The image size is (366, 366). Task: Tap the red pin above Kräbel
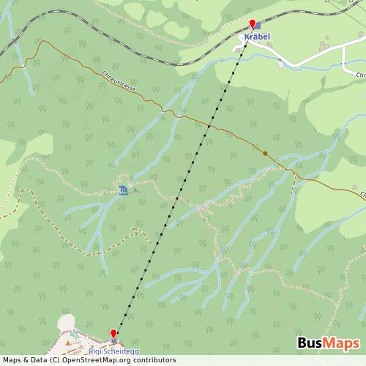(x=253, y=24)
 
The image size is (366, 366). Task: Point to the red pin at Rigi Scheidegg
(x=113, y=335)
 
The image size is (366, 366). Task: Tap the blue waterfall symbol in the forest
(x=123, y=190)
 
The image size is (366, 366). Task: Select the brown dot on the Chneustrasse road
(x=265, y=154)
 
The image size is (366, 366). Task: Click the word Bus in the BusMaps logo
(x=312, y=344)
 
